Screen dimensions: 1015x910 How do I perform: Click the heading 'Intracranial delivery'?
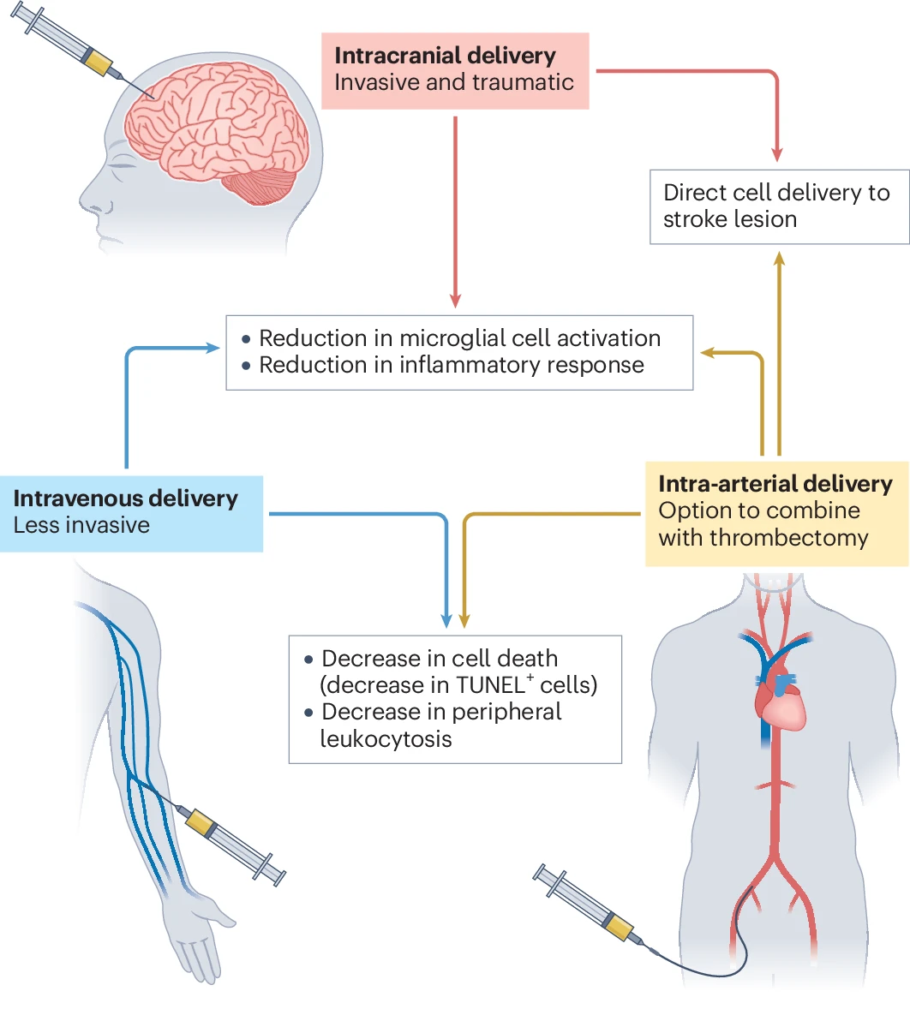(445, 57)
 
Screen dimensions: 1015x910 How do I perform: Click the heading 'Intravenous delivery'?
(126, 499)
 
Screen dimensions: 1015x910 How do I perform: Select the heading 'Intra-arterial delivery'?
(775, 484)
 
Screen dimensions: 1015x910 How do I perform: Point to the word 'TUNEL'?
(491, 685)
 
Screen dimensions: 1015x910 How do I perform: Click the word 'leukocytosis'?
(386, 738)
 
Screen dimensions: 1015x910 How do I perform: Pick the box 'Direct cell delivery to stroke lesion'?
(779, 206)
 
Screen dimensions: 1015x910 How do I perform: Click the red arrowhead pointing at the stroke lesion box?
(776, 155)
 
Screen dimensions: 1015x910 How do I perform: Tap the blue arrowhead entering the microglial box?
(213, 347)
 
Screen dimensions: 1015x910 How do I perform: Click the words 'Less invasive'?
(81, 525)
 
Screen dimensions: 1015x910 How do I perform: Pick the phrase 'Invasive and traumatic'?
(454, 83)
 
